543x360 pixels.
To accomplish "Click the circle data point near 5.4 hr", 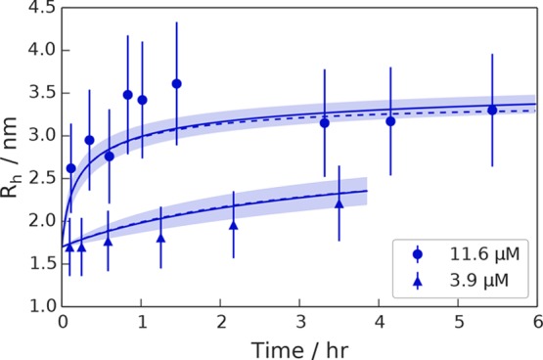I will tap(492, 110).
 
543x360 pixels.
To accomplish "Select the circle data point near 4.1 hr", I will tap(390, 121).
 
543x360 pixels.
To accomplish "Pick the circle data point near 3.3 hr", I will tap(325, 123).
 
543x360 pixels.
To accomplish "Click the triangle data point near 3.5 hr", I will tap(339, 203).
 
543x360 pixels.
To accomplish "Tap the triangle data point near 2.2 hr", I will tap(234, 224).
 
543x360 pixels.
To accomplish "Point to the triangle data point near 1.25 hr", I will tap(160, 237).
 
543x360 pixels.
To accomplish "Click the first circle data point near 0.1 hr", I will tap(70, 168).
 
